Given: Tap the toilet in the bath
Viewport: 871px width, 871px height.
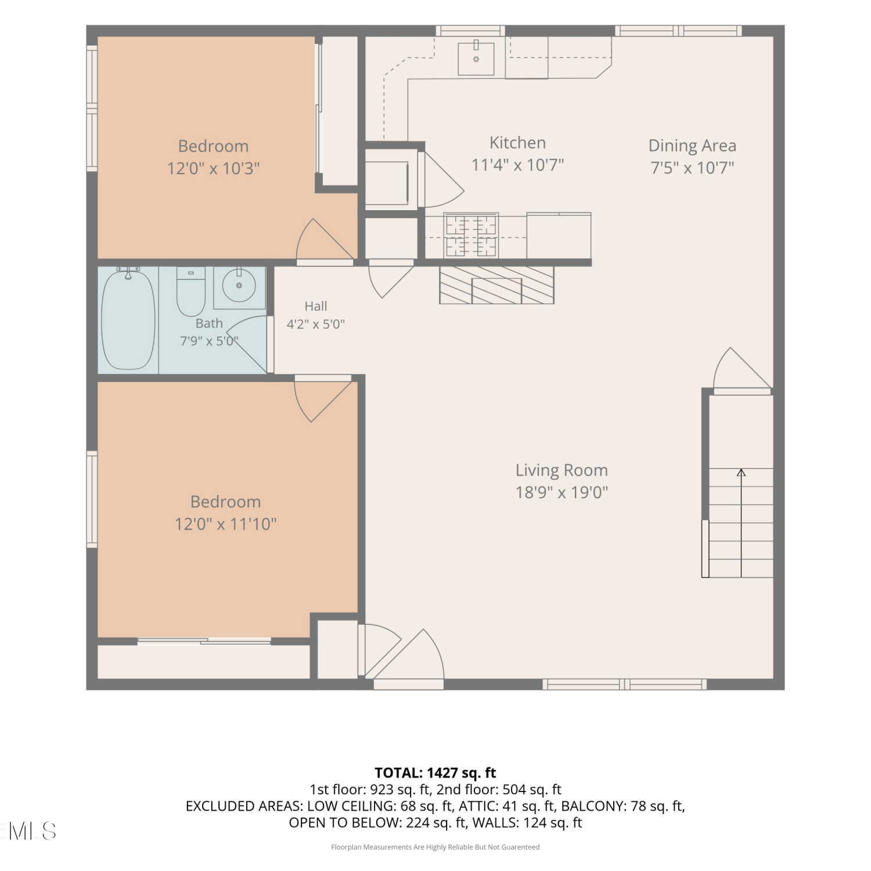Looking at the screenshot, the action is click(x=190, y=292).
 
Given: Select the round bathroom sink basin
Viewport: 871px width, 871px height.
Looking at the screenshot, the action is click(x=239, y=285).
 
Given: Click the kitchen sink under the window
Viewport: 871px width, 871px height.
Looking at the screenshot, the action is click(x=476, y=59).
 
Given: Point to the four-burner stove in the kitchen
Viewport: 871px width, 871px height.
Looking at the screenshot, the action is click(x=471, y=235).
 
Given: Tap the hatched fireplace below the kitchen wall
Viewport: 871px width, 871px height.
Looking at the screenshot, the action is click(x=496, y=285).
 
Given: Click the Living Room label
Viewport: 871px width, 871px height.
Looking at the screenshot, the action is click(x=562, y=470).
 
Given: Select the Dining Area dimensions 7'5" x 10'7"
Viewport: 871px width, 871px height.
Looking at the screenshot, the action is click(x=692, y=168).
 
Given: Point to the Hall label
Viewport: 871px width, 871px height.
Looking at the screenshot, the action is click(x=316, y=306).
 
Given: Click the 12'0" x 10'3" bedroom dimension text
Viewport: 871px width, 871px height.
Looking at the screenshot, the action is click(x=213, y=168).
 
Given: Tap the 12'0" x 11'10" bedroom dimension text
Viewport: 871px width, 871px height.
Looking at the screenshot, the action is click(x=225, y=524).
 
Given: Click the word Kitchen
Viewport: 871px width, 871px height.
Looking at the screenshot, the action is click(x=517, y=143).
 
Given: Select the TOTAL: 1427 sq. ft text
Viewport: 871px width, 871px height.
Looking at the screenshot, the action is click(x=435, y=773).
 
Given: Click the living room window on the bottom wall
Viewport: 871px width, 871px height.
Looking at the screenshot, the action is click(x=625, y=685).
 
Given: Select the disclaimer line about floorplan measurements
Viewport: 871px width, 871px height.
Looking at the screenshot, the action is click(x=435, y=847).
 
